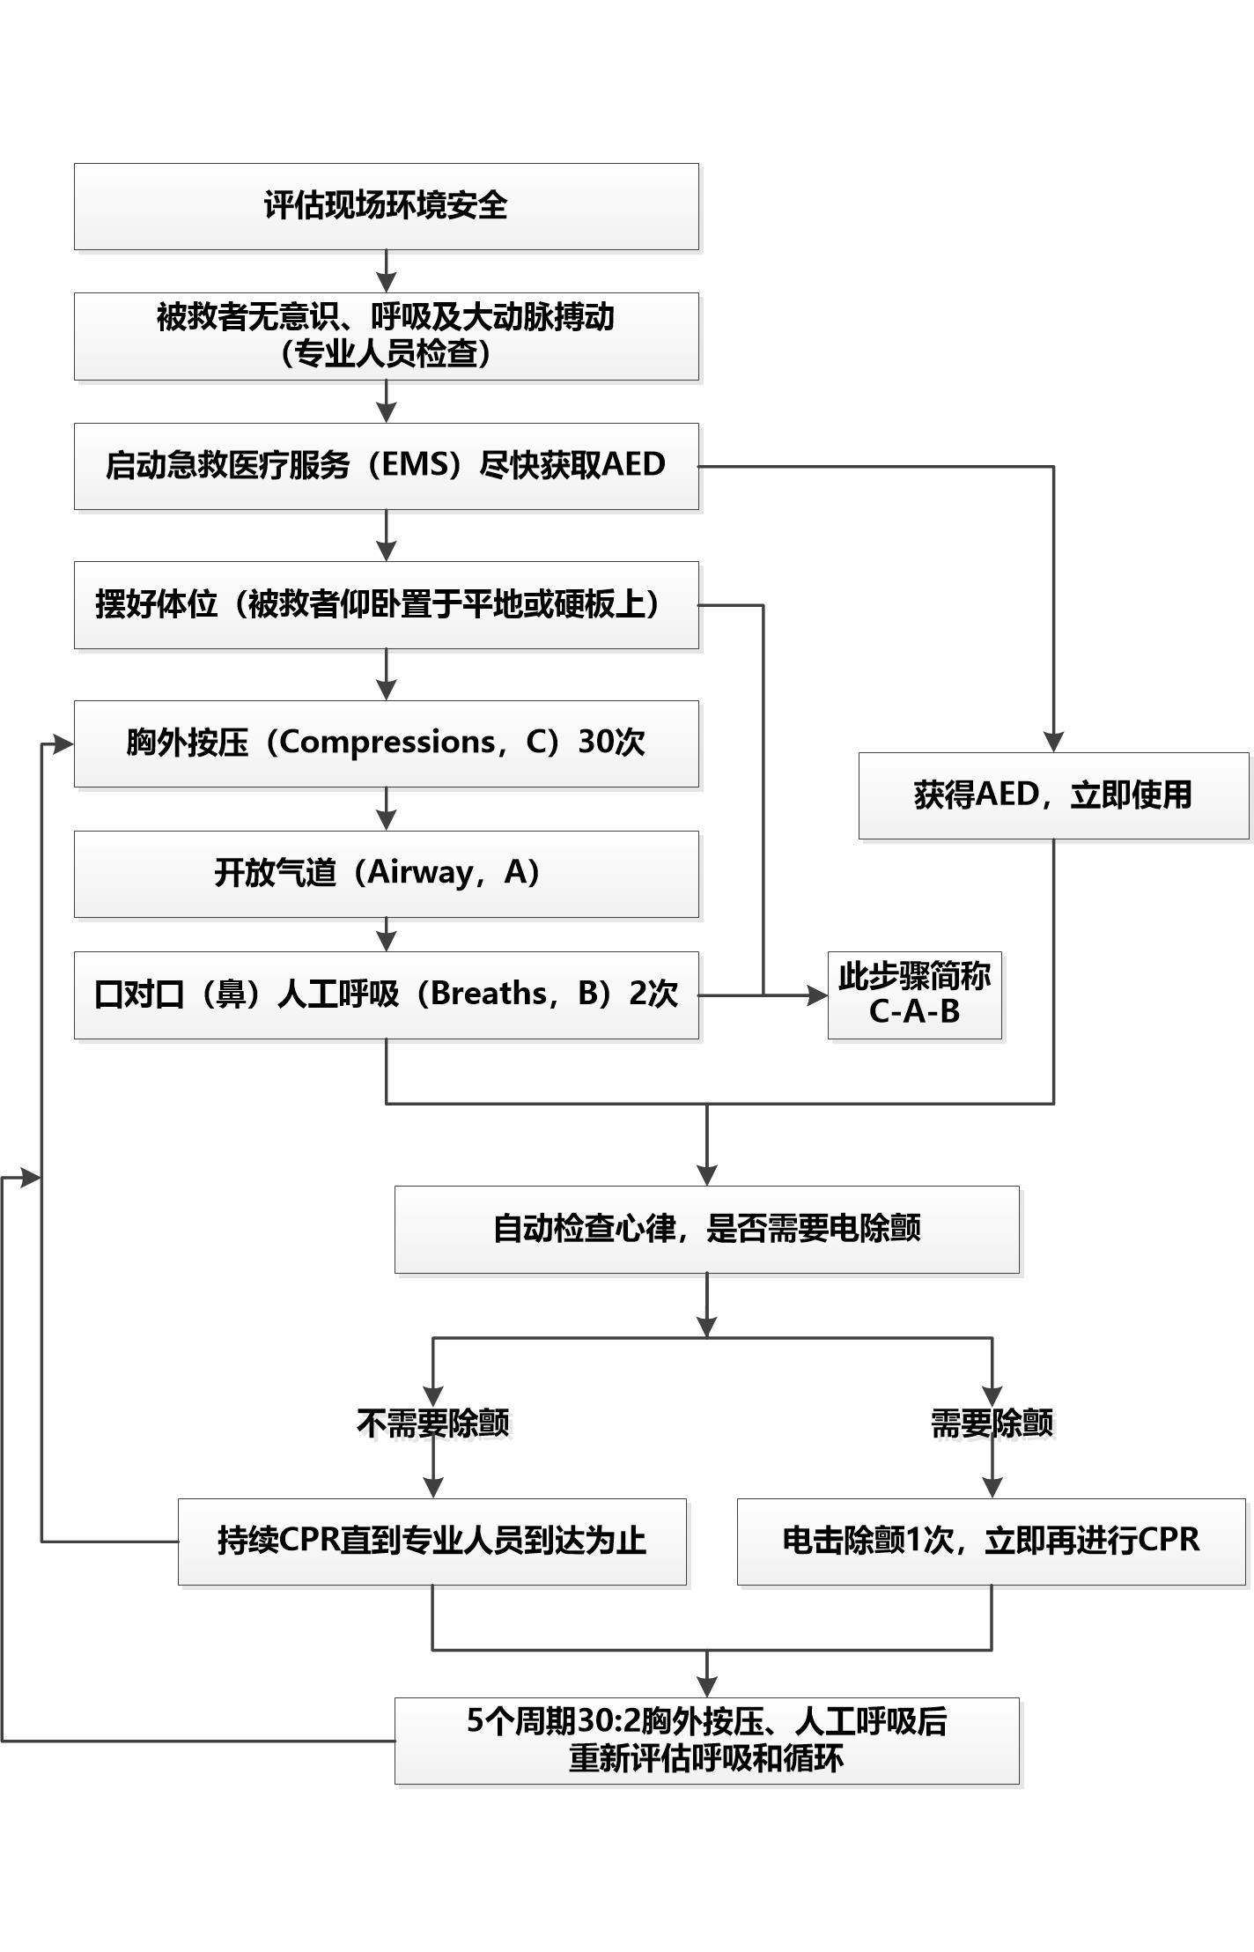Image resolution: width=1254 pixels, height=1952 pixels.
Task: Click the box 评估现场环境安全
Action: [x=386, y=206]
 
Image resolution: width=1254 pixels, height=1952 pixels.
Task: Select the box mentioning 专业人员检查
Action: [x=386, y=336]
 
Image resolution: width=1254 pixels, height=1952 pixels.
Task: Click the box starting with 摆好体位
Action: [x=386, y=605]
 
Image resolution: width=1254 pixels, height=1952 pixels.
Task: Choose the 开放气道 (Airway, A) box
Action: [x=386, y=873]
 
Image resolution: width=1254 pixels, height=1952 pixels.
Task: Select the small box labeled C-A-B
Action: [x=914, y=994]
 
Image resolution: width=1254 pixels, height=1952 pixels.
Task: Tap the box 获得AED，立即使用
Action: [x=1053, y=795]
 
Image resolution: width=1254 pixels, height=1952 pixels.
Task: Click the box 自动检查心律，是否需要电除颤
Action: [x=706, y=1229]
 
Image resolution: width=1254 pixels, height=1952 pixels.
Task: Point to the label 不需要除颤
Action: [x=432, y=1423]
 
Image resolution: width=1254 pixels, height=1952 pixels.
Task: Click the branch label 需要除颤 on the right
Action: [x=992, y=1423]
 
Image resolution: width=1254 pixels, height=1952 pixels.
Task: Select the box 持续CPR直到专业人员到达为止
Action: [x=432, y=1541]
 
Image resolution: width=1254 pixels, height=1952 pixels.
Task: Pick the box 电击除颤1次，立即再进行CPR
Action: [x=991, y=1541]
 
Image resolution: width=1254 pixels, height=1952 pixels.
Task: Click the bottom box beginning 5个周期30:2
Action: [x=706, y=1740]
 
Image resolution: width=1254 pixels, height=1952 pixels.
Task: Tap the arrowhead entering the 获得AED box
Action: [x=1053, y=742]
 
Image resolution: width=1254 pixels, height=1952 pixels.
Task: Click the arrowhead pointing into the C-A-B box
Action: [x=818, y=995]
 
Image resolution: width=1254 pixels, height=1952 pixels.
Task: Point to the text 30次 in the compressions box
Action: [x=611, y=743]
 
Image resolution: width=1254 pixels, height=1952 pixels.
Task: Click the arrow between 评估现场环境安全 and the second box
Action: [x=386, y=271]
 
